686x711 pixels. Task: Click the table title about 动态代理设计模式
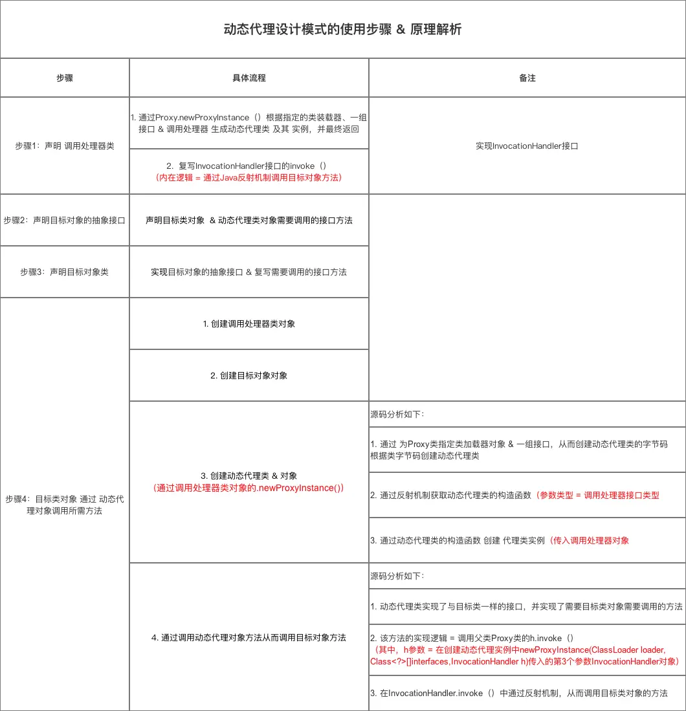(x=342, y=30)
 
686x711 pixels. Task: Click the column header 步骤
(x=65, y=78)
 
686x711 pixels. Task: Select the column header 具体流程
(x=249, y=78)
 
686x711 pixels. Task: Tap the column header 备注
(x=527, y=78)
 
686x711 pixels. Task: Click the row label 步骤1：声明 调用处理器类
(x=65, y=146)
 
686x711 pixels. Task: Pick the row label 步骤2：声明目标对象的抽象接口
(x=65, y=220)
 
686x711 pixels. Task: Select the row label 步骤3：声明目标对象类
(x=65, y=272)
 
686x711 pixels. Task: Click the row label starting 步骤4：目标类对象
(x=65, y=505)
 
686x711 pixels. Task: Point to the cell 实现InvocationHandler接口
(x=527, y=146)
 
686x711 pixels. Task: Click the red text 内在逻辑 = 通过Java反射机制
(x=249, y=177)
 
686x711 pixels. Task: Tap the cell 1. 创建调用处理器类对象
(x=249, y=323)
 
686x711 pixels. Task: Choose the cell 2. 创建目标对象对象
(x=249, y=375)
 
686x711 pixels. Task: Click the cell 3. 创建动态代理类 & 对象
(x=249, y=476)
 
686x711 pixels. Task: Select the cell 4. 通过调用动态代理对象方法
(x=249, y=637)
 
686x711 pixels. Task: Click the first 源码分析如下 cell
(x=397, y=414)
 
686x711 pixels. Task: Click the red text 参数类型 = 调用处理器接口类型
(x=597, y=495)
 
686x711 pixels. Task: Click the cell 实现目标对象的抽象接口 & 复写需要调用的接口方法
(x=249, y=272)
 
